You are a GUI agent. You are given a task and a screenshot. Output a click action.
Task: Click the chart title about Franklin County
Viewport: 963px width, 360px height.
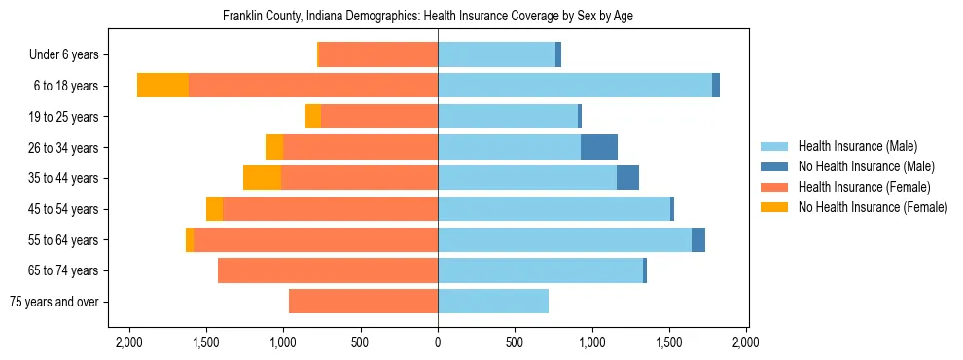tap(428, 17)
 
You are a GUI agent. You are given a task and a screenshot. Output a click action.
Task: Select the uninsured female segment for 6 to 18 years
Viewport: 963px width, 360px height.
tap(162, 86)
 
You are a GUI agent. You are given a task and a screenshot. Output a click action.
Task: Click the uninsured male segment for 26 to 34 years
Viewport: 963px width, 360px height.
tap(599, 147)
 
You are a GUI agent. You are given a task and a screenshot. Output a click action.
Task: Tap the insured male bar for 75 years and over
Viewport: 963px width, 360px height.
tap(493, 302)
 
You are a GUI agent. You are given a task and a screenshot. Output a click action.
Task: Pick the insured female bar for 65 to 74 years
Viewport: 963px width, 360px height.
tap(328, 270)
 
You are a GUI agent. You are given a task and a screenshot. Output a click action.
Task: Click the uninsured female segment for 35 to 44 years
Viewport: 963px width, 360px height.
tap(262, 178)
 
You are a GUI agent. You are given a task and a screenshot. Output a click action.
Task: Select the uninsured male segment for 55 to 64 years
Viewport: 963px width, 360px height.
tap(698, 239)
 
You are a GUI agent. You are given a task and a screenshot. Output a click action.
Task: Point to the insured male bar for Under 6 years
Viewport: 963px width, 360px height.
tap(496, 54)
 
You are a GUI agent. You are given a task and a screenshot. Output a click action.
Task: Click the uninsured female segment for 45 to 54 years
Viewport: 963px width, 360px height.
tap(214, 209)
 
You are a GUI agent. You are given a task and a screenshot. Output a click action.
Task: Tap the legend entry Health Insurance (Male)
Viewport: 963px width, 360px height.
tap(857, 146)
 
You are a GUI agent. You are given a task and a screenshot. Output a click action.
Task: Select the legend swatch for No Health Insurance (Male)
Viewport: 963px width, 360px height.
tap(774, 166)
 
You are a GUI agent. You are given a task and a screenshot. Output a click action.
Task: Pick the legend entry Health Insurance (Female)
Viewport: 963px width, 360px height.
tap(864, 187)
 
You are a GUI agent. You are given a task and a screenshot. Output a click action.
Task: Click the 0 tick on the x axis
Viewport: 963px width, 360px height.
tap(438, 342)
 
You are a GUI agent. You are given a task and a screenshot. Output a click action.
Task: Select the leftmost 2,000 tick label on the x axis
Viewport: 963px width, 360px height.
tap(128, 342)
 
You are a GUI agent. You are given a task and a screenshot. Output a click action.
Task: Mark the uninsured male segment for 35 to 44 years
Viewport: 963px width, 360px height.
tap(627, 178)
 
